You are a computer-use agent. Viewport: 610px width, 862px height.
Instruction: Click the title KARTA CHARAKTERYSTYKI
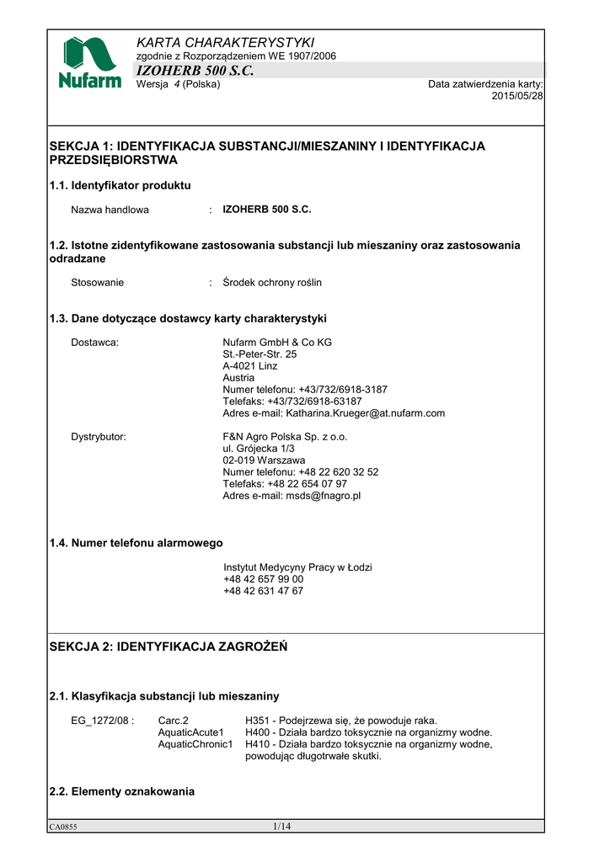tap(225, 42)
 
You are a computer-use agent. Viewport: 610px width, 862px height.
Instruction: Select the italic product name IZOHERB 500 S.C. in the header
tap(195, 71)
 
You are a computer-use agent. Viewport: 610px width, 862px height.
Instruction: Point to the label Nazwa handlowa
tap(110, 210)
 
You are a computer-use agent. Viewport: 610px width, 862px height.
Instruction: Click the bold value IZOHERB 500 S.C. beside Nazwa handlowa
tap(267, 210)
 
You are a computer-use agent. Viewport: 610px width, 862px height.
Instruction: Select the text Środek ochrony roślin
tap(272, 283)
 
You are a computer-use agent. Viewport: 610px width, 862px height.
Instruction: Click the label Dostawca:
tap(94, 343)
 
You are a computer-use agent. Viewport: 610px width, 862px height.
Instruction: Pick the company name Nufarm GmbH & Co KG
tap(277, 343)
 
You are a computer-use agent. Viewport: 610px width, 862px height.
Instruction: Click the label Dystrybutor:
tap(99, 437)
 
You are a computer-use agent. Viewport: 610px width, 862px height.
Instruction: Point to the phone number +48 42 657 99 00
tap(264, 579)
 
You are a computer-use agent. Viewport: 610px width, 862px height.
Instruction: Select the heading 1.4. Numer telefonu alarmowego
tap(136, 543)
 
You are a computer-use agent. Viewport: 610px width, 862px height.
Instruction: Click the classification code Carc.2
tap(174, 721)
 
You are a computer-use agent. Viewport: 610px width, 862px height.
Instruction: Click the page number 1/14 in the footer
tap(281, 827)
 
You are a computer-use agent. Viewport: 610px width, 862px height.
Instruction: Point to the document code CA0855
tap(63, 827)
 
